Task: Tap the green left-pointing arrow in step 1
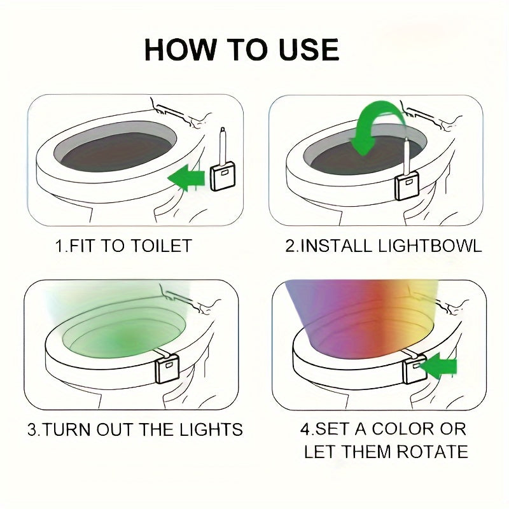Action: pos(186,177)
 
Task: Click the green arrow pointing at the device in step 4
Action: pos(438,366)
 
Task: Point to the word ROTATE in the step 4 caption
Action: pos(432,452)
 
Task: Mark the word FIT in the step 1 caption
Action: pos(76,246)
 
